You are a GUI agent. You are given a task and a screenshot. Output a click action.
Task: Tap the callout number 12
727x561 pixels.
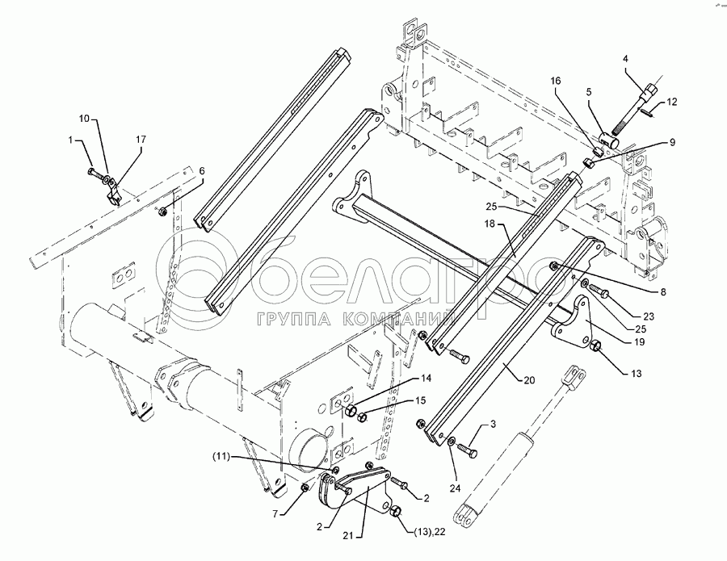(x=673, y=103)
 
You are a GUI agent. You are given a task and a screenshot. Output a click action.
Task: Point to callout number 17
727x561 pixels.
(x=141, y=140)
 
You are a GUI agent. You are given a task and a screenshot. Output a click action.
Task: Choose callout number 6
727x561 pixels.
(x=201, y=171)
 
